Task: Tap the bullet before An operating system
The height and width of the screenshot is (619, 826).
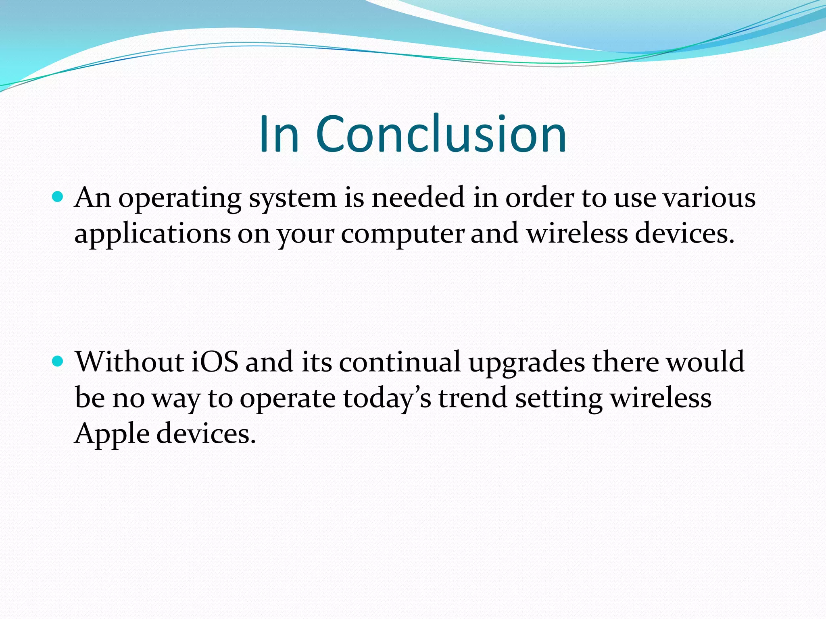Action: pyautogui.click(x=58, y=197)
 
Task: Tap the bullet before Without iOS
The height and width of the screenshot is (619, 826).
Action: pyautogui.click(x=58, y=361)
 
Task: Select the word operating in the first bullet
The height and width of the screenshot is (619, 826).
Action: pyautogui.click(x=179, y=199)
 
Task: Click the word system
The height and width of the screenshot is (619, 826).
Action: pyautogui.click(x=292, y=199)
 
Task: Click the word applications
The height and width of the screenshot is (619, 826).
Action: pyautogui.click(x=152, y=235)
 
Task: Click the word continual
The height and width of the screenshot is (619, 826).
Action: pyautogui.click(x=400, y=361)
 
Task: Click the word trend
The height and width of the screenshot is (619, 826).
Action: pyautogui.click(x=472, y=397)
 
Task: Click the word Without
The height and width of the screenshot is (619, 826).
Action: pyautogui.click(x=130, y=361)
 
